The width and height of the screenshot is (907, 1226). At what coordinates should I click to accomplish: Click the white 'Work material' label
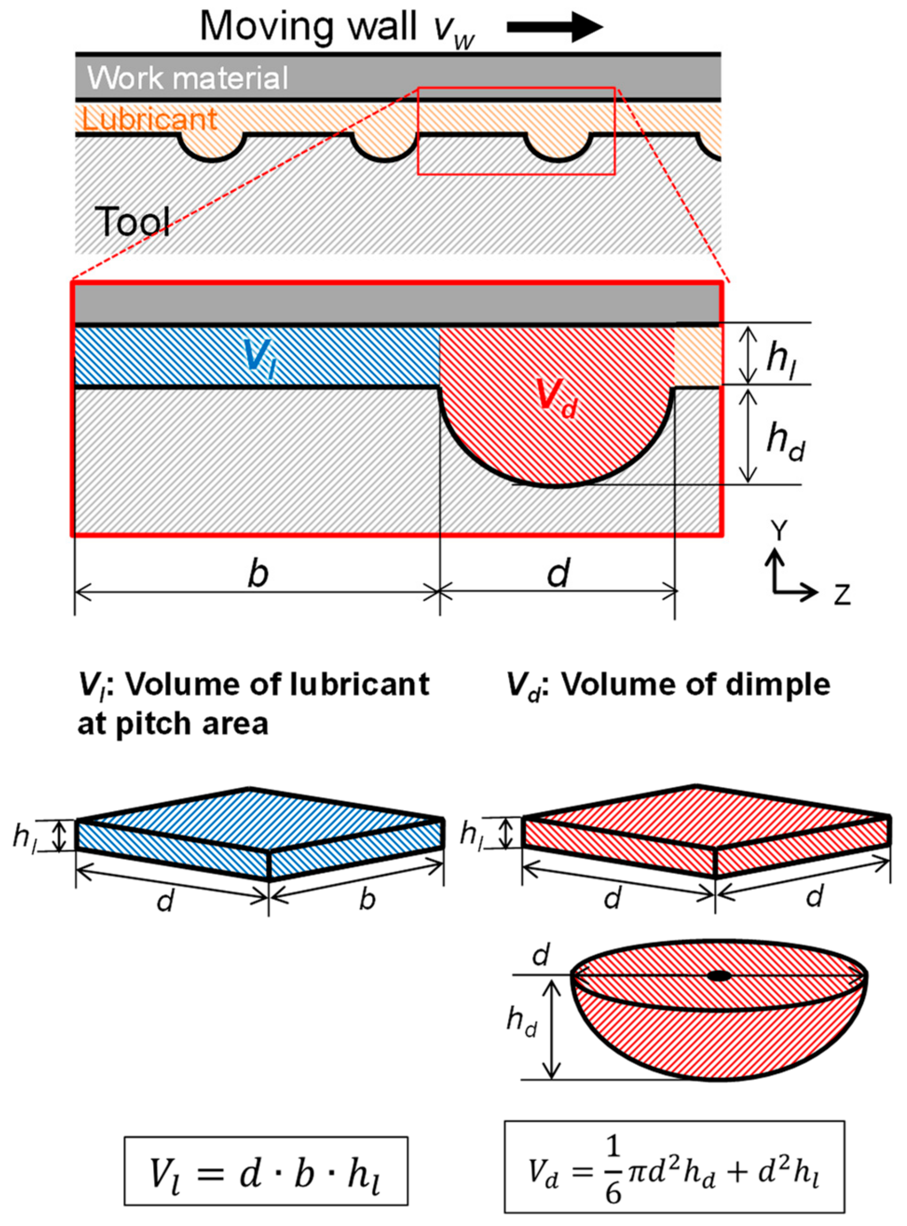coord(187,78)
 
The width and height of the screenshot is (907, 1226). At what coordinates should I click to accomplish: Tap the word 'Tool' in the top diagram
coord(132,222)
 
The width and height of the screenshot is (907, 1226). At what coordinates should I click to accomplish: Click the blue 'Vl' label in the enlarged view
coord(258,357)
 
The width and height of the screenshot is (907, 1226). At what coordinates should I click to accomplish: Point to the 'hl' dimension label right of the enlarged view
coord(783,358)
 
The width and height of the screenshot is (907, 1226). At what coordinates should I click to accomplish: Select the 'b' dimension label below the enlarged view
coord(257,573)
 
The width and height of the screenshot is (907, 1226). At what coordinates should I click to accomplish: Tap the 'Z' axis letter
coord(842,595)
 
